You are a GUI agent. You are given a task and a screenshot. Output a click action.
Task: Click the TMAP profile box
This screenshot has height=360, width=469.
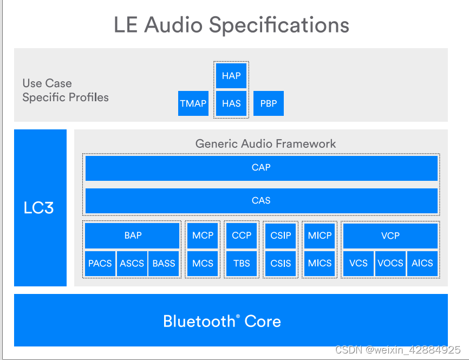193,103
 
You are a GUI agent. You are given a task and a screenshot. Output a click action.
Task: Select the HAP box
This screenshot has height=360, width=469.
231,76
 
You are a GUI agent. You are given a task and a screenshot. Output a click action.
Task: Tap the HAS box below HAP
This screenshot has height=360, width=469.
231,103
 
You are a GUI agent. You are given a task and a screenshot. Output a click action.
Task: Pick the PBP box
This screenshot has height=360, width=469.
269,103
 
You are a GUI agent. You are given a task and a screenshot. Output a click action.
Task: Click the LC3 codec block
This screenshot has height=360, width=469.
40,208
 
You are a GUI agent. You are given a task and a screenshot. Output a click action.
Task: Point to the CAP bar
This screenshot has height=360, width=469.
261,168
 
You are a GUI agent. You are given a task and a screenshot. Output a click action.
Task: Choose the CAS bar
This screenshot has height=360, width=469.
261,201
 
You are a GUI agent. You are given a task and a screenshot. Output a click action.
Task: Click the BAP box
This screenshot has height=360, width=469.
133,235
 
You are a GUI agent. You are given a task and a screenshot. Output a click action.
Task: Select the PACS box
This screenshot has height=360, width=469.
100,264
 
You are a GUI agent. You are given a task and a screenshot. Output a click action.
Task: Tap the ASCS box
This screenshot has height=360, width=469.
132,264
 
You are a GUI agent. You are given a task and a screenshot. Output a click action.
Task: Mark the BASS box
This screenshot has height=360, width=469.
164,264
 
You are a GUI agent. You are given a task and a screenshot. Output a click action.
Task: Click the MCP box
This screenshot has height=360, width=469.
203,235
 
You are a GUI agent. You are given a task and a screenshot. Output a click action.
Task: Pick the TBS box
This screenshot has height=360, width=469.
242,264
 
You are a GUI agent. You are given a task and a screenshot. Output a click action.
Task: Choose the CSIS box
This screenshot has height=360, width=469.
281,264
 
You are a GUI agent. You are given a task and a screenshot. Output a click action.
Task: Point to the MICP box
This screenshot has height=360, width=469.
320,235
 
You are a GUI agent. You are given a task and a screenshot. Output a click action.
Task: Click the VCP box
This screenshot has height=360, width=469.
390,235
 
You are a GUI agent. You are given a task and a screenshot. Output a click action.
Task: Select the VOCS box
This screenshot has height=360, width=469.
390,264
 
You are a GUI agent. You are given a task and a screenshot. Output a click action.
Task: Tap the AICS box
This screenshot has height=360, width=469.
422,264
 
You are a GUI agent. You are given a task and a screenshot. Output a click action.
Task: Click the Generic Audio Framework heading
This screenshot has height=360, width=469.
265,144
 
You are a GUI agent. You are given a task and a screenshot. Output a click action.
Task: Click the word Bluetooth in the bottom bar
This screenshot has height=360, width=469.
198,322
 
